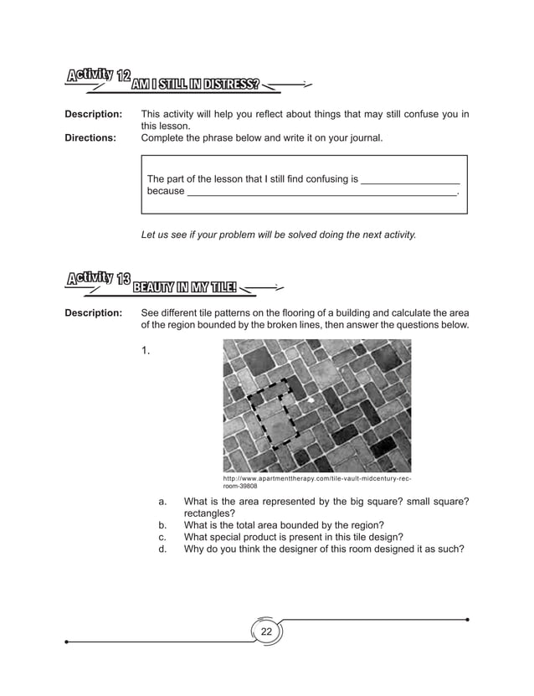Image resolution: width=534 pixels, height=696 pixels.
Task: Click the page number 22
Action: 266,632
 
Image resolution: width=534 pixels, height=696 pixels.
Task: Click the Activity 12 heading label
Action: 98,77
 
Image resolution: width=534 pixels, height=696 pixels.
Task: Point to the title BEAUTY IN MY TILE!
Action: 184,288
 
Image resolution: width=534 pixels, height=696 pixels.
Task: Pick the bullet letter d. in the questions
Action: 163,549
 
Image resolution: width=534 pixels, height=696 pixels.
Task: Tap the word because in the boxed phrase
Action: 166,191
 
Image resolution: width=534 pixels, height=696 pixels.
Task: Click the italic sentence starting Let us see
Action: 279,235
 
